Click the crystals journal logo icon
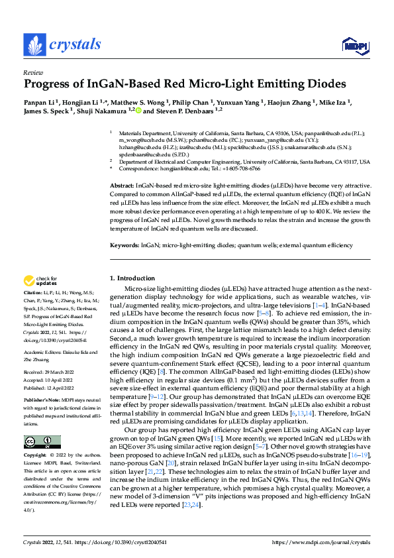click(x=34, y=45)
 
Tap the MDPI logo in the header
click(x=354, y=45)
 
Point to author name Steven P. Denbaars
click(x=177, y=111)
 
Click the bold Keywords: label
click(x=124, y=245)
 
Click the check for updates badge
click(x=41, y=281)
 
